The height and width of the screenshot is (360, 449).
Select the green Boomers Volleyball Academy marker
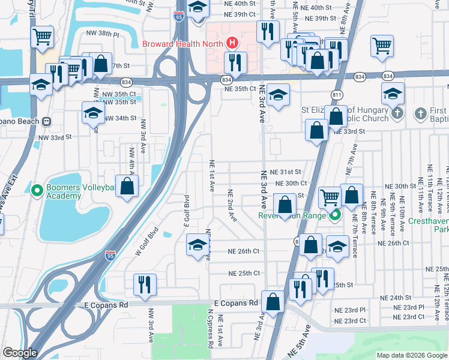click(x=37, y=191)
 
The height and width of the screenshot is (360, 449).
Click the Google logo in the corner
click(x=19, y=352)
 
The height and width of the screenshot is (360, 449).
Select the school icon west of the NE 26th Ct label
click(x=197, y=245)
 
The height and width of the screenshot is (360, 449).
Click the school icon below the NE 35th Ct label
click(x=277, y=95)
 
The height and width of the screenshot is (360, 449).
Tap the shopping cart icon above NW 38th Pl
click(x=41, y=37)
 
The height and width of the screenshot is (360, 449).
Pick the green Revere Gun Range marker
click(x=335, y=216)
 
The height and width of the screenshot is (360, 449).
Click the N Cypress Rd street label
click(x=211, y=329)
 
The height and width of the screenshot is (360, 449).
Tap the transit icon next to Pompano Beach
click(x=46, y=121)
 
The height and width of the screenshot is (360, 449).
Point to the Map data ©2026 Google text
click(x=411, y=355)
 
